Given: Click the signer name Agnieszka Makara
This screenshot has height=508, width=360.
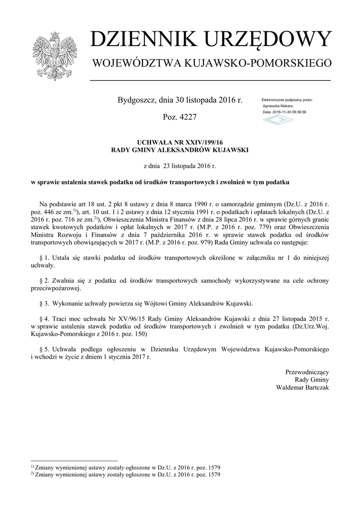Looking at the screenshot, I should [x=278, y=106].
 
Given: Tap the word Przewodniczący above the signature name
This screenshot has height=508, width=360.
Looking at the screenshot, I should [x=306, y=372].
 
